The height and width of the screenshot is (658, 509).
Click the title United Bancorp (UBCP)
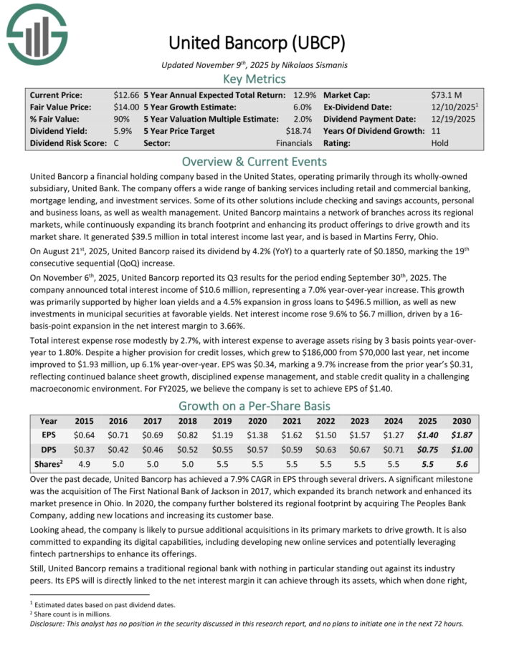[x=254, y=43]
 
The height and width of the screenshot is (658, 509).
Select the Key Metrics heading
[x=254, y=79]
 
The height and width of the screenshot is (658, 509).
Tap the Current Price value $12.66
[x=127, y=95]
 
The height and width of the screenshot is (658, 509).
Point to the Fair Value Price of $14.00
[x=127, y=107]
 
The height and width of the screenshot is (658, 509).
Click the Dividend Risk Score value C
[x=116, y=143]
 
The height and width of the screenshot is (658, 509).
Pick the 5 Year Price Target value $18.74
[x=298, y=131]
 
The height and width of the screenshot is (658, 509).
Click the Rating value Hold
[x=440, y=143]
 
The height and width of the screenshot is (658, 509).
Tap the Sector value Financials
[x=293, y=143]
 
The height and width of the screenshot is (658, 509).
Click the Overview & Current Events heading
[x=254, y=162]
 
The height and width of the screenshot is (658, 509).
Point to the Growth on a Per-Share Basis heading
[x=254, y=405]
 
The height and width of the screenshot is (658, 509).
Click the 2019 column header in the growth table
[x=224, y=421]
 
